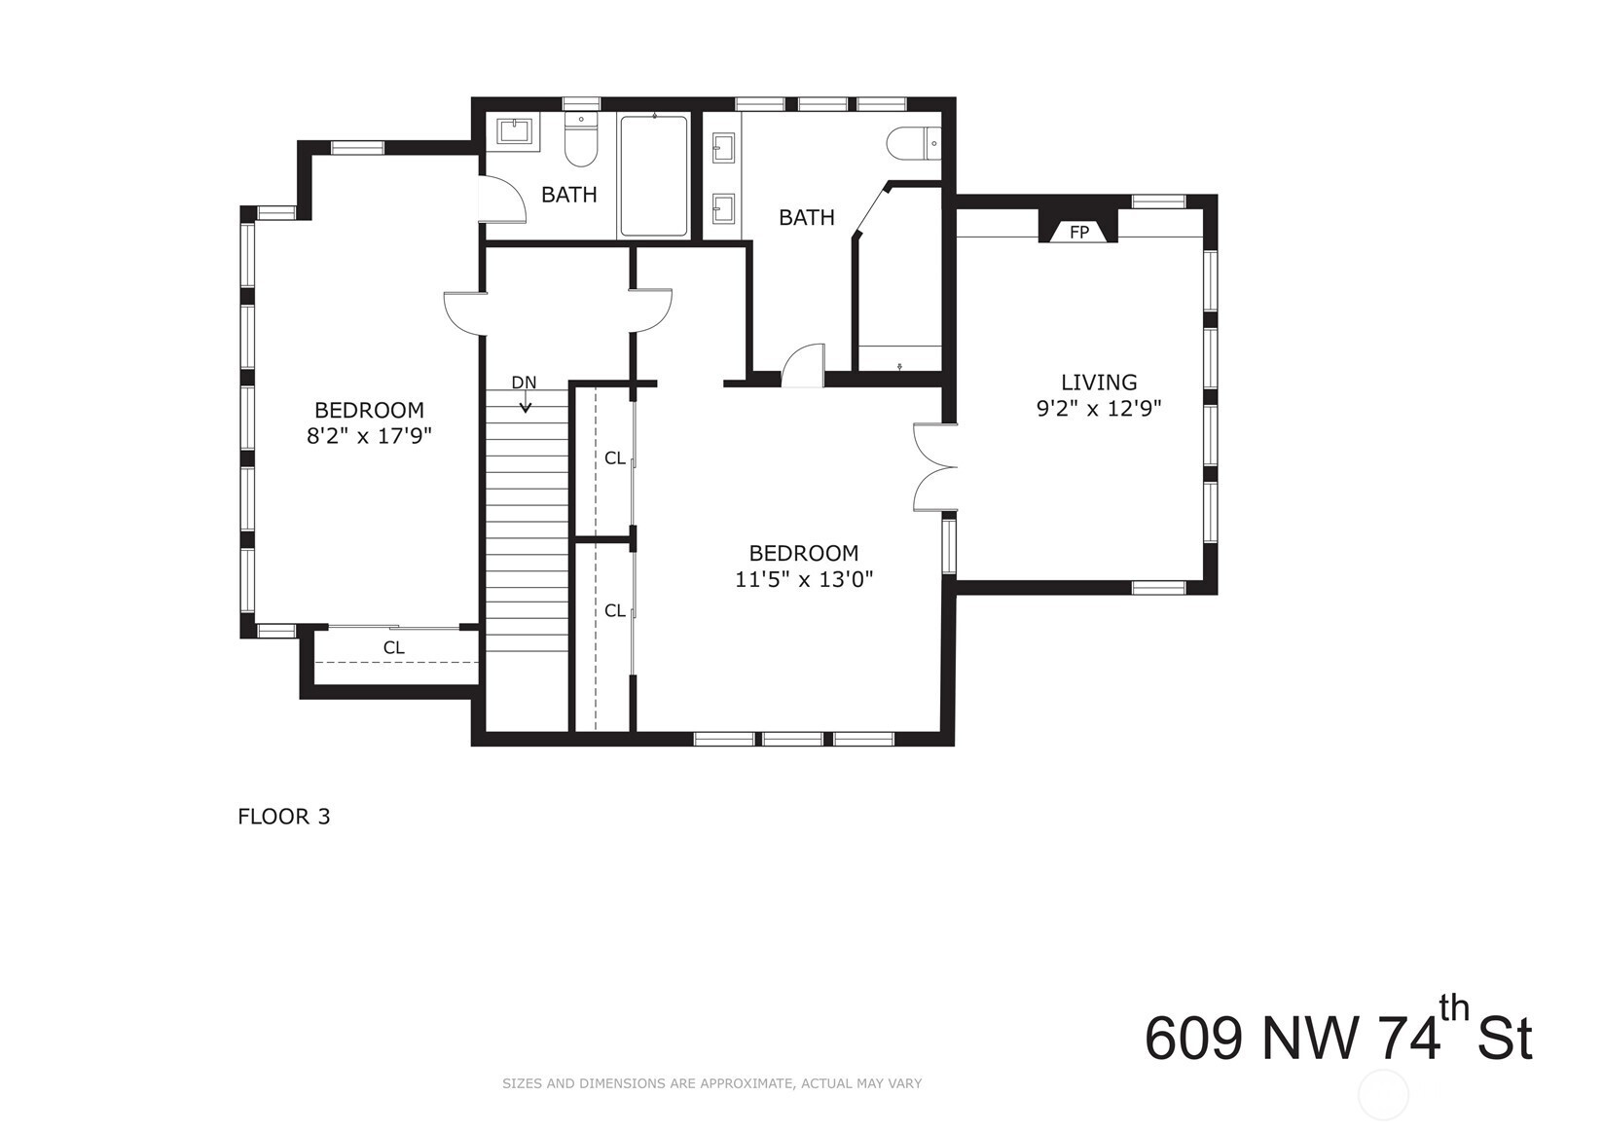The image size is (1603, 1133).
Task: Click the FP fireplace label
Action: pos(1078,232)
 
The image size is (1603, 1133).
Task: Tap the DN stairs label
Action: pos(524,383)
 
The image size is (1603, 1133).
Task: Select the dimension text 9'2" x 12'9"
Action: pos(1099,408)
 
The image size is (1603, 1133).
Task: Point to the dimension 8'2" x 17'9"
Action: pos(369,436)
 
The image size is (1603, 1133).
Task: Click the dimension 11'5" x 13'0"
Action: pos(804,578)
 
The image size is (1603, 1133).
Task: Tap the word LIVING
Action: pos(1099,383)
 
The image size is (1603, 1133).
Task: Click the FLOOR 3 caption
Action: pos(284,816)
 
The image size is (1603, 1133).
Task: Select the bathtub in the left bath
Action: pos(654,176)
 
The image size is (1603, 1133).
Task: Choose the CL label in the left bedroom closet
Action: pos(393,647)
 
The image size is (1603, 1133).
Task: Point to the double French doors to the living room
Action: pos(935,468)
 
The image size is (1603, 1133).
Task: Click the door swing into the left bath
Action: pos(502,199)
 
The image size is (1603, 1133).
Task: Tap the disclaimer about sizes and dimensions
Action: pos(712,1083)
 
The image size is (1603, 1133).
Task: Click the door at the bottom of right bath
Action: pos(803,366)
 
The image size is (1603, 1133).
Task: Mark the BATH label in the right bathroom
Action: pos(807,217)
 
